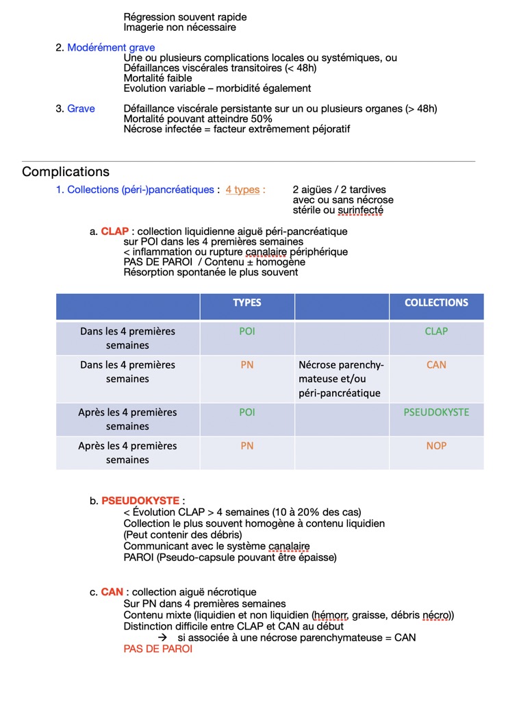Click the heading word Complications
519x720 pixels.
[x=66, y=172]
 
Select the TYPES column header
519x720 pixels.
[x=247, y=303]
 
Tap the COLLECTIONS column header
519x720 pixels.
[x=436, y=303]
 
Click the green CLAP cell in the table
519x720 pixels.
[x=436, y=332]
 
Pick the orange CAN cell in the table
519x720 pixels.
[x=436, y=365]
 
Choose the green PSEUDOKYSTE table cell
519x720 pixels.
[x=436, y=412]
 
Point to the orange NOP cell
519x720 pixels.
[x=436, y=446]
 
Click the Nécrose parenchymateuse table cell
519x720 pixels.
[x=342, y=379]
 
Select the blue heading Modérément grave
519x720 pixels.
[x=111, y=48]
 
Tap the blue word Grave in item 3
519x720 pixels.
[x=81, y=109]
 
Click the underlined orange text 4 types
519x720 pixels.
[x=243, y=190]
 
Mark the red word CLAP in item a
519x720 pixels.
[x=115, y=232]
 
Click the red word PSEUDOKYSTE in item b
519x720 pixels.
[x=140, y=501]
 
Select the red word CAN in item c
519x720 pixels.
[x=112, y=592]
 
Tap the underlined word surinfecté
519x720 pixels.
[x=360, y=210]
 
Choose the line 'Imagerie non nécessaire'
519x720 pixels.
[x=179, y=27]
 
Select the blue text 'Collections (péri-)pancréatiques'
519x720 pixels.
[x=140, y=190]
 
